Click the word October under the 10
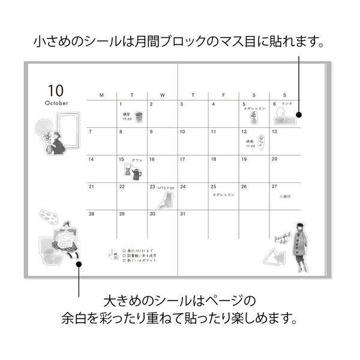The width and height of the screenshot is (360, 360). coord(56,103)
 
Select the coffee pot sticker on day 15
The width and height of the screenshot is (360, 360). coord(133,172)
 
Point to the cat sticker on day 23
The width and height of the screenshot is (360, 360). coord(166,200)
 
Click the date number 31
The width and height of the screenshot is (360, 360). coord(183,214)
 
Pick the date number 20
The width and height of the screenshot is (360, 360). coord(274,159)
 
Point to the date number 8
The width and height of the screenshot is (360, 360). coord(121,131)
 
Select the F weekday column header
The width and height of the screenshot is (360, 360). coord(223,95)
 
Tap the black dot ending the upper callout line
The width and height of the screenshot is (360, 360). coord(298,114)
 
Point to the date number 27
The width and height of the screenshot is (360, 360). coord(274,187)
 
